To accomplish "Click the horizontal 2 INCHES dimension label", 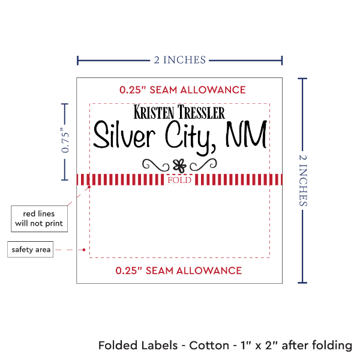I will tap(179, 59).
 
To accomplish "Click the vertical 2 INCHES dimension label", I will tap(301, 179).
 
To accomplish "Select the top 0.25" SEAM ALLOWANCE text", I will tap(182, 90).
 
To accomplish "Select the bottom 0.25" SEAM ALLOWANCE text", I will tap(179, 270).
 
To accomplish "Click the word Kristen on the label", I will tap(154, 113).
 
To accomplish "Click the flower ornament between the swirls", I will tap(178, 163).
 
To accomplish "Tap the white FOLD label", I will tap(179, 180).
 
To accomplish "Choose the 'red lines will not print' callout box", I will tap(39, 218).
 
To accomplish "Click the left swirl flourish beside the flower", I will tap(155, 163).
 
